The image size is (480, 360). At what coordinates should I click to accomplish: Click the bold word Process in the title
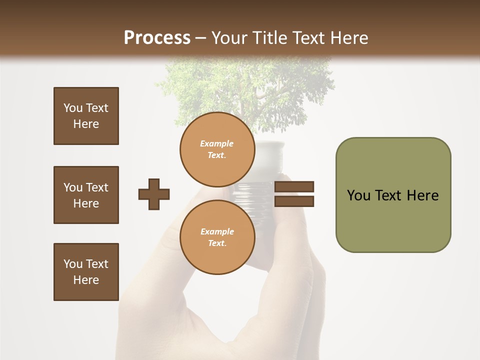tap(157, 38)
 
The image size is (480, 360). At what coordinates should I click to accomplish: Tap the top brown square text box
tap(86, 116)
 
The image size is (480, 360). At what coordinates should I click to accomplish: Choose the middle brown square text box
tap(86, 195)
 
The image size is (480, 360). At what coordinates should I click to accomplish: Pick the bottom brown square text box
tap(86, 271)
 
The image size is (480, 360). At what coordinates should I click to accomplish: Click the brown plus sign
tap(154, 194)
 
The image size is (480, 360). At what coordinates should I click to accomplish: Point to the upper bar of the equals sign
tap(294, 186)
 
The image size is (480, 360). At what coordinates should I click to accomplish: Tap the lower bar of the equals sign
tap(294, 201)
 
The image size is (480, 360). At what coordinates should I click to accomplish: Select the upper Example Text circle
tap(217, 149)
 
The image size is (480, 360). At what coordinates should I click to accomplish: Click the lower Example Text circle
tap(217, 237)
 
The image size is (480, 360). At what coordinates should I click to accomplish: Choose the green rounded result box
tap(393, 195)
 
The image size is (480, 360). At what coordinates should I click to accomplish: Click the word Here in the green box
tap(422, 195)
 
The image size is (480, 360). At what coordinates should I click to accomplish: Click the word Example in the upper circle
tap(217, 143)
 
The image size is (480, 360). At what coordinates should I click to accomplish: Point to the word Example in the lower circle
tap(217, 231)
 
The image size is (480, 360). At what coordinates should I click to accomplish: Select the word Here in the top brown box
tap(86, 124)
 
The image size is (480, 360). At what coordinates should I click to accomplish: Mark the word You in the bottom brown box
tap(73, 264)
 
